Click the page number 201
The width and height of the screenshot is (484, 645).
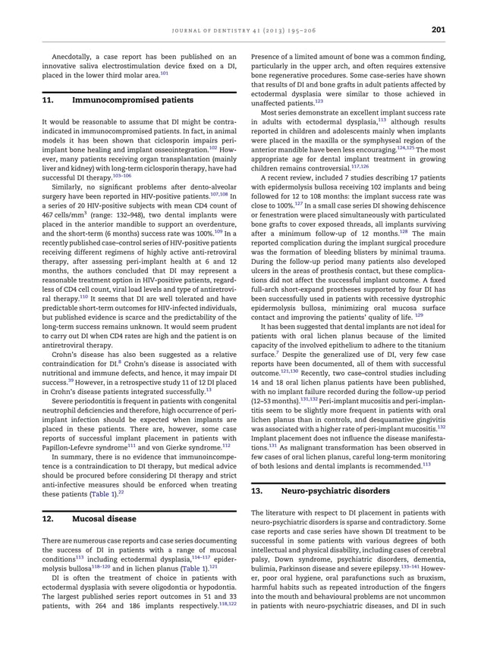[438, 30]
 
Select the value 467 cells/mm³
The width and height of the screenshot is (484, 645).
[61, 214]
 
